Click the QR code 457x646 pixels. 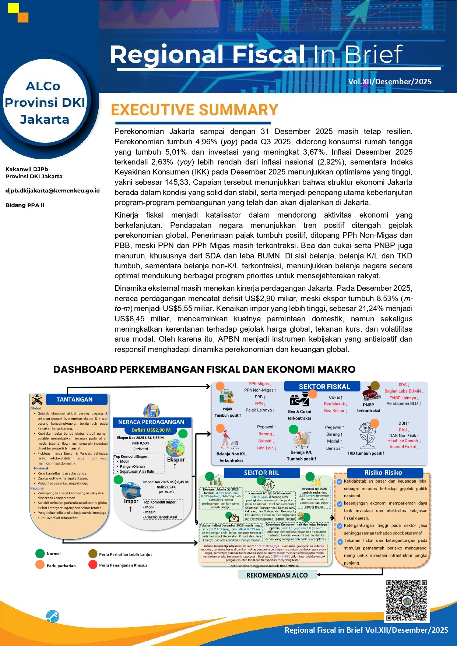click(x=406, y=600)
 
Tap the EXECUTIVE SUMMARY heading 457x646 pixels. click(x=194, y=110)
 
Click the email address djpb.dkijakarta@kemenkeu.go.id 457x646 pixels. click(x=52, y=191)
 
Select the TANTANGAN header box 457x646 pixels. click(x=74, y=399)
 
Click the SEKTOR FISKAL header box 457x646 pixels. click(x=324, y=386)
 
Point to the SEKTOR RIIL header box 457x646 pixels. click(x=261, y=473)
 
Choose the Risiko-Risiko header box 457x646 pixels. click(x=383, y=473)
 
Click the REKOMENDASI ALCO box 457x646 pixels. click(x=277, y=575)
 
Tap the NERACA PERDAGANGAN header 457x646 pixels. click(x=151, y=422)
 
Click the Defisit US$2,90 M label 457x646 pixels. click(x=151, y=430)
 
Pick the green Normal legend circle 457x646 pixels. click(x=40, y=553)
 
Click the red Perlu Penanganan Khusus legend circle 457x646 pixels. click(x=93, y=565)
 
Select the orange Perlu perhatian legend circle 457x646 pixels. click(x=40, y=565)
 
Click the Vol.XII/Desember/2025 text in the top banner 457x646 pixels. click(x=390, y=82)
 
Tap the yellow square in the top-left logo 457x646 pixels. click(x=14, y=8)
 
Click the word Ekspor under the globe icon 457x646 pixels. click(x=176, y=460)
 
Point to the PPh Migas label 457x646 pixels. click(x=259, y=384)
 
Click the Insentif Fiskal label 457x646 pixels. click(x=402, y=446)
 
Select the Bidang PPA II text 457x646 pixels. click(x=25, y=205)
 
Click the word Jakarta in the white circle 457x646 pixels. click(x=45, y=120)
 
